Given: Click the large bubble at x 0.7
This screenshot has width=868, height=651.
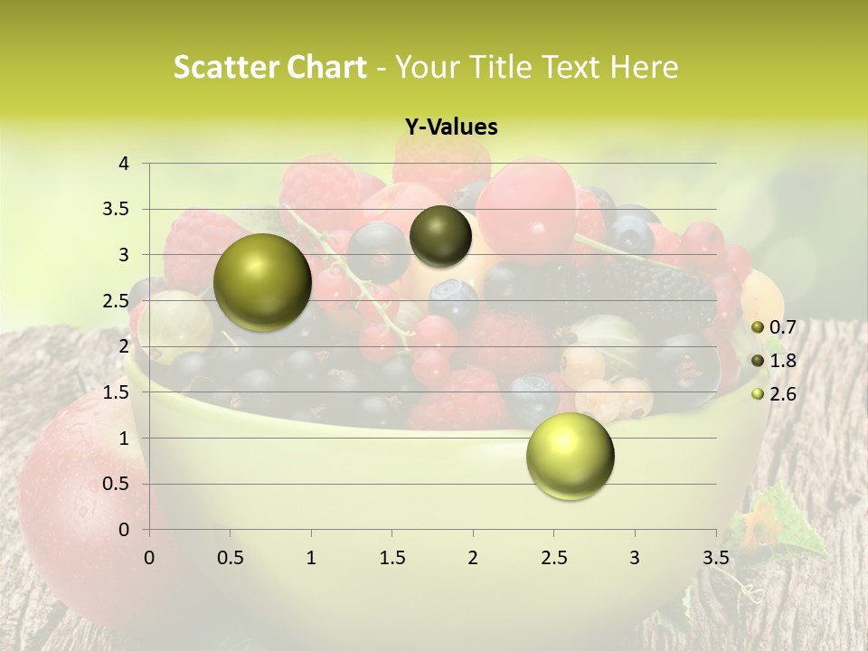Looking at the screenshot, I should point(262,282).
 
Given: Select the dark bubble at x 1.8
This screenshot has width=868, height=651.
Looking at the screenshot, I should point(440,236).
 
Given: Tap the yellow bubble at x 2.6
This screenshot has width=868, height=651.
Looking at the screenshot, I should point(570,456).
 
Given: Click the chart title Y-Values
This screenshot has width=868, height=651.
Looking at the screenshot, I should point(450,127).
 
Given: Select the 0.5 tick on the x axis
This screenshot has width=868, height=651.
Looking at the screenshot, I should point(230,557).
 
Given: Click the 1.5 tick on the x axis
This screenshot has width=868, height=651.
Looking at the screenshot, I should point(392,557).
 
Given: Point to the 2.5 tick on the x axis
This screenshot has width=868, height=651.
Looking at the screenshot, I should point(553,557).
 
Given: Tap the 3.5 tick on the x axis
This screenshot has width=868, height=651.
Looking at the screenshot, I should point(715,557).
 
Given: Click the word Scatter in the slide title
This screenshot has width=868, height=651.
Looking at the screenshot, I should point(224,67).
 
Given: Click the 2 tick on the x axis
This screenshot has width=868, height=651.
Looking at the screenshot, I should point(473,557).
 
